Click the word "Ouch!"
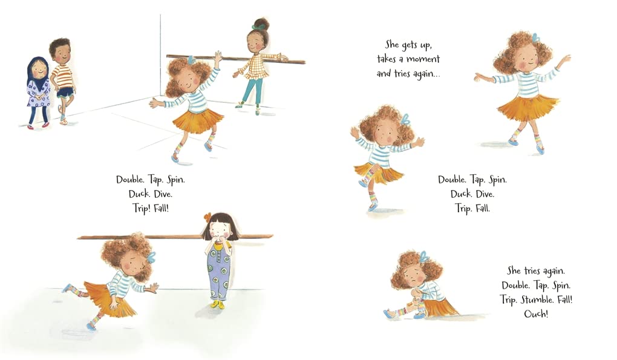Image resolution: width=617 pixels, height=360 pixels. (536, 313)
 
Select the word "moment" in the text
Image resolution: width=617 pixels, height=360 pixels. (423, 59)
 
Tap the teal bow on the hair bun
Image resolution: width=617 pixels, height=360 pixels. (258, 27)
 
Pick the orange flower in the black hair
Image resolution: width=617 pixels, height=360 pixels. (207, 217)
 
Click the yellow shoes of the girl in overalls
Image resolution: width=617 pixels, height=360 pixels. (218, 304)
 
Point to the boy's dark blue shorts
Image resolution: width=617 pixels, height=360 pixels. (65, 92)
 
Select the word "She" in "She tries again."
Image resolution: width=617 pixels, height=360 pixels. (514, 270)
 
